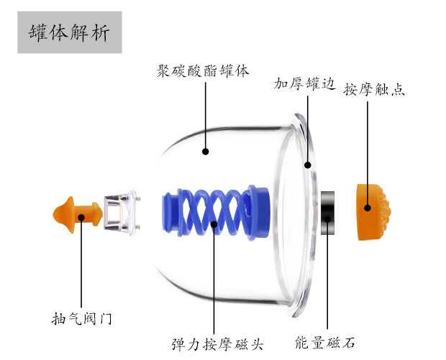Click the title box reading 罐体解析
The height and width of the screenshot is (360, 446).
coord(70,33)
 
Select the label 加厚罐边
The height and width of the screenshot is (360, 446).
coord(304,84)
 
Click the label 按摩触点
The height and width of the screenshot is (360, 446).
coord(374,91)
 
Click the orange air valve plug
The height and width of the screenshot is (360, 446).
coord(76,213)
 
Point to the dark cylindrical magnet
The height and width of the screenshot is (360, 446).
coord(328,213)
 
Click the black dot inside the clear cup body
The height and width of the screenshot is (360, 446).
coord(205,152)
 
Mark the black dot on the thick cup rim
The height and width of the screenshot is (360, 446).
coord(307,165)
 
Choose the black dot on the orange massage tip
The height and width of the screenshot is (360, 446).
coord(367,208)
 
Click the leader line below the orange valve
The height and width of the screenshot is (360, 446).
coord(82,266)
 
